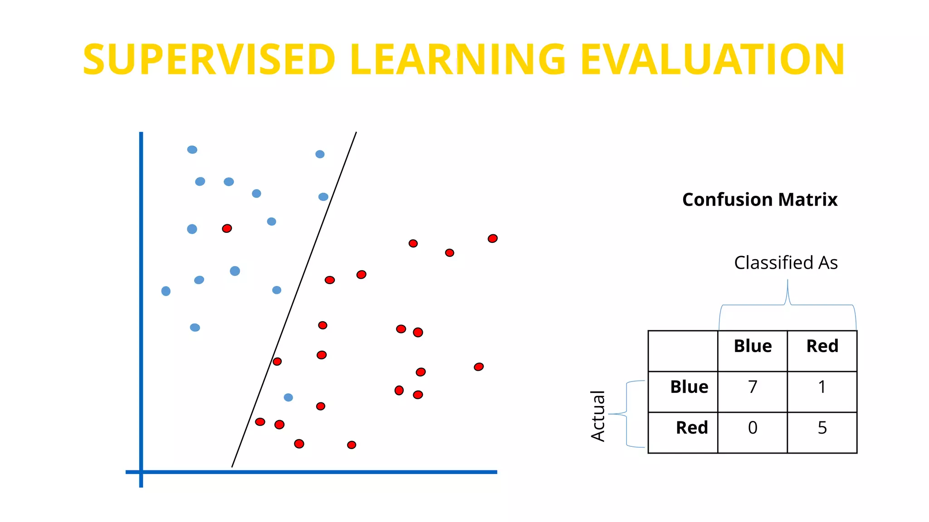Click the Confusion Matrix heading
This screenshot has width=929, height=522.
[x=760, y=200]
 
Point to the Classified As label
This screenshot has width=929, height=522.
[x=786, y=263]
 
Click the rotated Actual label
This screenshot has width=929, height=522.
[x=598, y=416]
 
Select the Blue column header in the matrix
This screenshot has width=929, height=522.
[x=753, y=347]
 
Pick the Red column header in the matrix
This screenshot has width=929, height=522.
[x=822, y=347]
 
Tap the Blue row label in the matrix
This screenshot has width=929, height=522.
[x=689, y=387]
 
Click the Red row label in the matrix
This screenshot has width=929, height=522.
[x=691, y=428]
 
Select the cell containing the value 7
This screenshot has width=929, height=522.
[x=753, y=387]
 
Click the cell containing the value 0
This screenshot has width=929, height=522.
[x=753, y=428]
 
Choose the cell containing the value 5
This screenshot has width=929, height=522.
[x=822, y=428]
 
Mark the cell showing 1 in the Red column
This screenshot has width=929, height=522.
[x=822, y=387]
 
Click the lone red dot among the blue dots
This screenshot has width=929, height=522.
[x=227, y=228]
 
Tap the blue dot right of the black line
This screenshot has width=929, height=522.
[x=288, y=397]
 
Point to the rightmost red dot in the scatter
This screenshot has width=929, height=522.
[x=493, y=238]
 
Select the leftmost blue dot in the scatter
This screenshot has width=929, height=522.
[x=166, y=291]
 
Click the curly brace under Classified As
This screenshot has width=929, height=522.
[x=787, y=304]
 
